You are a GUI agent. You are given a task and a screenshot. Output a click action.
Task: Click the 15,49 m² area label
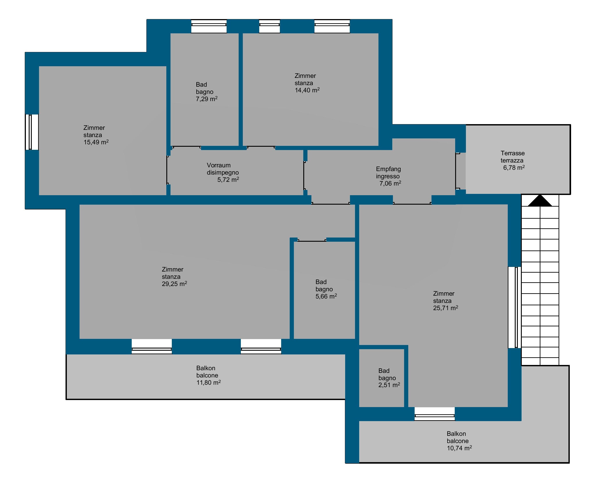click(x=96, y=142)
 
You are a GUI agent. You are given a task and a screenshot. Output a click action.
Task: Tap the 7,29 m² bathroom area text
click(x=206, y=99)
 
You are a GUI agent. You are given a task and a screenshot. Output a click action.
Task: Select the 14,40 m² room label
click(x=307, y=90)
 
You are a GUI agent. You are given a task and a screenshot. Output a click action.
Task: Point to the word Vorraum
click(x=218, y=165)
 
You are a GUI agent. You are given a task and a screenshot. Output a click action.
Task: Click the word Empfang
click(x=388, y=169)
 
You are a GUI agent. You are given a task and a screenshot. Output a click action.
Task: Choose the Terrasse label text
click(x=512, y=153)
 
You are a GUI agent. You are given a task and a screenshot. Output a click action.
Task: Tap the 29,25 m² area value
click(x=174, y=284)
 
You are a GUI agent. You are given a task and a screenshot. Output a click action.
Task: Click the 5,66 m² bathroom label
click(x=326, y=296)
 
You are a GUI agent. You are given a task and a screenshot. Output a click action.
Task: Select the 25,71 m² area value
click(x=446, y=308)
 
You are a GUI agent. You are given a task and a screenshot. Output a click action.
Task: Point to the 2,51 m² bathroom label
click(x=389, y=385)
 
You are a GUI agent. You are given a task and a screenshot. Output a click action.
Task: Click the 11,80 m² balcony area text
click(x=208, y=382)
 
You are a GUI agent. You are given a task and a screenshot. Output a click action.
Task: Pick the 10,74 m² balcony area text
click(x=459, y=448)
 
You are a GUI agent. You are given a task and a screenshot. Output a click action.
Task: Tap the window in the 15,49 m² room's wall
click(x=32, y=132)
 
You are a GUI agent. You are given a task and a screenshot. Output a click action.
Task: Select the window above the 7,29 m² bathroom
click(x=209, y=26)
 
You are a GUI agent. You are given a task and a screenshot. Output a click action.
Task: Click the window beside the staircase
click(x=515, y=307)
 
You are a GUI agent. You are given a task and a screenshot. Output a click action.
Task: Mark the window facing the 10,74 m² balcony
click(x=435, y=414)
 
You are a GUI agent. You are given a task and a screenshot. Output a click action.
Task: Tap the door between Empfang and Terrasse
click(x=458, y=171)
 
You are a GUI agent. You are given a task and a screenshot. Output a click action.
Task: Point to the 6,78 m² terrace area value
click(x=514, y=168)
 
